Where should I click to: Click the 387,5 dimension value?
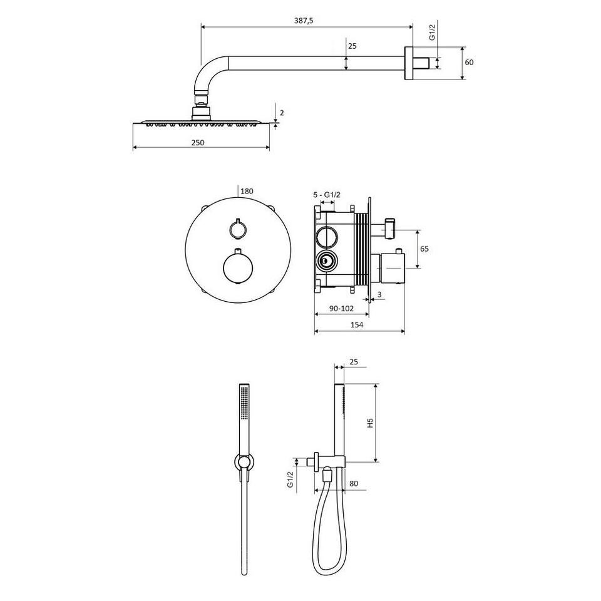click(304, 21)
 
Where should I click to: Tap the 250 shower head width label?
click(198, 143)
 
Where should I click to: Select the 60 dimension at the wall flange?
click(469, 62)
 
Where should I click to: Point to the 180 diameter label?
click(247, 191)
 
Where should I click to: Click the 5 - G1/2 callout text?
click(327, 195)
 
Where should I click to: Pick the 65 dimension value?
click(424, 249)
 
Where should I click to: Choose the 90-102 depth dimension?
click(341, 308)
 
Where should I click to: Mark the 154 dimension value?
click(357, 325)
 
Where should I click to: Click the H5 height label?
click(370, 423)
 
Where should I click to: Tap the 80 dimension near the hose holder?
click(354, 483)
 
